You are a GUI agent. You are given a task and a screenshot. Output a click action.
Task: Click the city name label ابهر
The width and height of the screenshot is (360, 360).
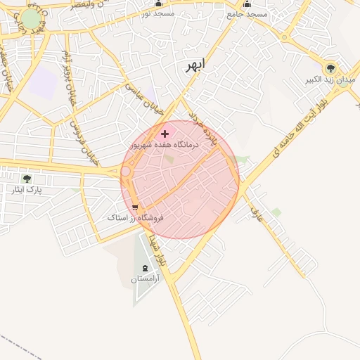tap(194, 66)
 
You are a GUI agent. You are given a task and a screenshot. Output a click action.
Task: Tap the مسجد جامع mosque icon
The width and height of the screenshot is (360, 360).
tap(247, 4)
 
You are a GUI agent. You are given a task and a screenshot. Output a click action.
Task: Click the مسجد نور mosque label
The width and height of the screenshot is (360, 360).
tap(157, 13)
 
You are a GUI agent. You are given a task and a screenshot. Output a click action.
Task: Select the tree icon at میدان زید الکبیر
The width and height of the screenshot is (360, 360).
tap(330, 68)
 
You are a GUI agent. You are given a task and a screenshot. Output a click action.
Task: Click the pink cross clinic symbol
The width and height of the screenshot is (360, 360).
tap(165, 133)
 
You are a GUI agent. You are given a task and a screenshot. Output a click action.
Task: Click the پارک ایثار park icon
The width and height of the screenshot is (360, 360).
tap(27, 179)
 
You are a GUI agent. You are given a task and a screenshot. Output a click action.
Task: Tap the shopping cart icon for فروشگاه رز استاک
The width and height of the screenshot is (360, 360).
tap(135, 207)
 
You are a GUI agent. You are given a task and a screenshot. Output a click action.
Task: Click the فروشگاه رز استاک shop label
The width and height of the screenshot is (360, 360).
tap(135, 218)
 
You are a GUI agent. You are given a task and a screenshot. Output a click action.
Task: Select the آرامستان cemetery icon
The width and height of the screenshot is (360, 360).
tap(146, 267)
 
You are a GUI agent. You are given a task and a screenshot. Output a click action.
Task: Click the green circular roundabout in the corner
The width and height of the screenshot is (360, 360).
tap(31, 19)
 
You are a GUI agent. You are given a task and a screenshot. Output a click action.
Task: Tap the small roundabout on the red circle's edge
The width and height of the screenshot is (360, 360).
tap(126, 171)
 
